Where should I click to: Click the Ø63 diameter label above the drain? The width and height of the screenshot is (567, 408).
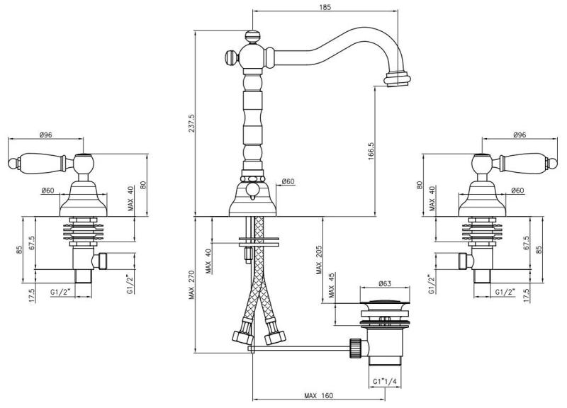383,284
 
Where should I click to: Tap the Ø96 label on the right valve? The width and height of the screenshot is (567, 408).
520,135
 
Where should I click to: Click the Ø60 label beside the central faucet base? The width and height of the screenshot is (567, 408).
288,182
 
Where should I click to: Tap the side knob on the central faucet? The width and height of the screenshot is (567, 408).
230,57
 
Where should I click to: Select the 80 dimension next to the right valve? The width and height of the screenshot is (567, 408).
420,186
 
